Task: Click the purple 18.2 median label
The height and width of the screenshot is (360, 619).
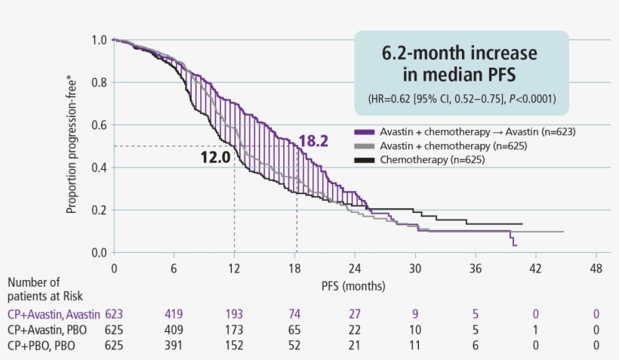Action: point(313,140)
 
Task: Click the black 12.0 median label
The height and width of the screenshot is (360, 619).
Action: point(215,159)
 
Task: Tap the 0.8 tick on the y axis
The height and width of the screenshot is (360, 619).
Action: point(98,82)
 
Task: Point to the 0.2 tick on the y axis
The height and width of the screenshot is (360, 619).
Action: point(98,210)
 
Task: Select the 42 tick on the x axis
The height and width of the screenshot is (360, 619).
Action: point(536,268)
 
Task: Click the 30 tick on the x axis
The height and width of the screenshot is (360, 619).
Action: point(415,268)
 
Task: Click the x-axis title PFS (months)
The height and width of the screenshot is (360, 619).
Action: point(353,286)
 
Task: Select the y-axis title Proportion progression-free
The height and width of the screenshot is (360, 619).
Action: point(72,145)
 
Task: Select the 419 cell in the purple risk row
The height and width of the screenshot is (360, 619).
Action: point(174,313)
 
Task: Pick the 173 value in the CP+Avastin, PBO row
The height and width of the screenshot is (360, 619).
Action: point(234,329)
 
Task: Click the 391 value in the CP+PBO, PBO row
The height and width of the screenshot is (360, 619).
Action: point(174,345)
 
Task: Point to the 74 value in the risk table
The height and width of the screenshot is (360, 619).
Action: point(295,313)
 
